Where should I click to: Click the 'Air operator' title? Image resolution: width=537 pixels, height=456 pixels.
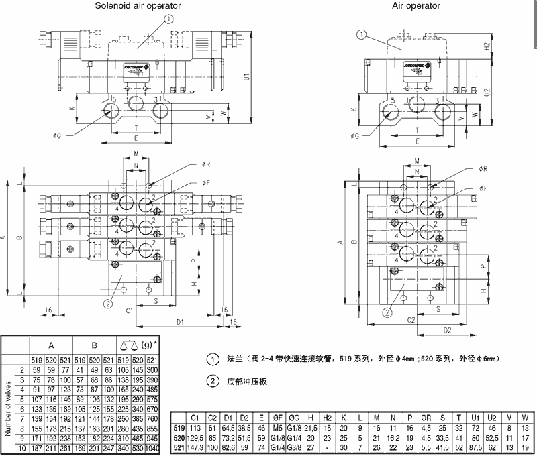pos(416,6)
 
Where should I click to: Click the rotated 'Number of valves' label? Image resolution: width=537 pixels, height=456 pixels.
pos(8,408)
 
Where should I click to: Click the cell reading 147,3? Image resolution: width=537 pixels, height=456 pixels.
pos(195,446)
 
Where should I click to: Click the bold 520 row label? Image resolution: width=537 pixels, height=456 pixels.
pos(179,437)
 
